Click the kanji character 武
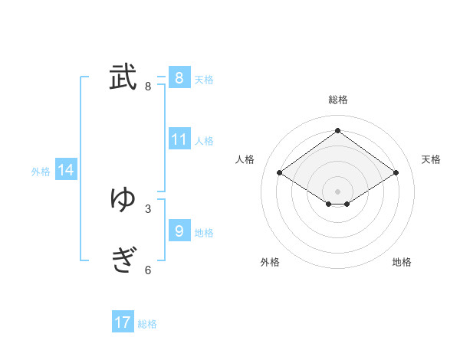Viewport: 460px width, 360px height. point(123,77)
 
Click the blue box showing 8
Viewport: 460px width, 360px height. point(179,77)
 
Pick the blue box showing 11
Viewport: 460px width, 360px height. point(179,139)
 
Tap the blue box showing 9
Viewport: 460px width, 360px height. point(179,231)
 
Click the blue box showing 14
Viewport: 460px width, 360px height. point(66,171)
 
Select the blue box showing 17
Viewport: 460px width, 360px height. point(123,322)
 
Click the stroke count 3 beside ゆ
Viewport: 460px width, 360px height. point(148,208)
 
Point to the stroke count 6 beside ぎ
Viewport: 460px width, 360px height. point(148,270)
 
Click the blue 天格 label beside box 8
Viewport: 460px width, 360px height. point(204,80)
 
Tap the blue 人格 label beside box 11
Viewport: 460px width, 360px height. point(204,141)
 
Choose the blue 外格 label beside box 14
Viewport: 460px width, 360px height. point(41,172)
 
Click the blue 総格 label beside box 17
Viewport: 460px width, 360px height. point(147,324)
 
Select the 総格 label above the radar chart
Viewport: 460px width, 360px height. point(337,100)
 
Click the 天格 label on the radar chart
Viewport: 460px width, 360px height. point(431,159)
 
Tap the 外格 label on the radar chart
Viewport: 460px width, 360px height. point(270,262)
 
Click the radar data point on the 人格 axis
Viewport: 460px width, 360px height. point(280,173)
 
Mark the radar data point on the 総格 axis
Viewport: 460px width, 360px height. point(337,130)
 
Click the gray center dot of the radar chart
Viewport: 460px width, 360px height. point(337,191)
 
